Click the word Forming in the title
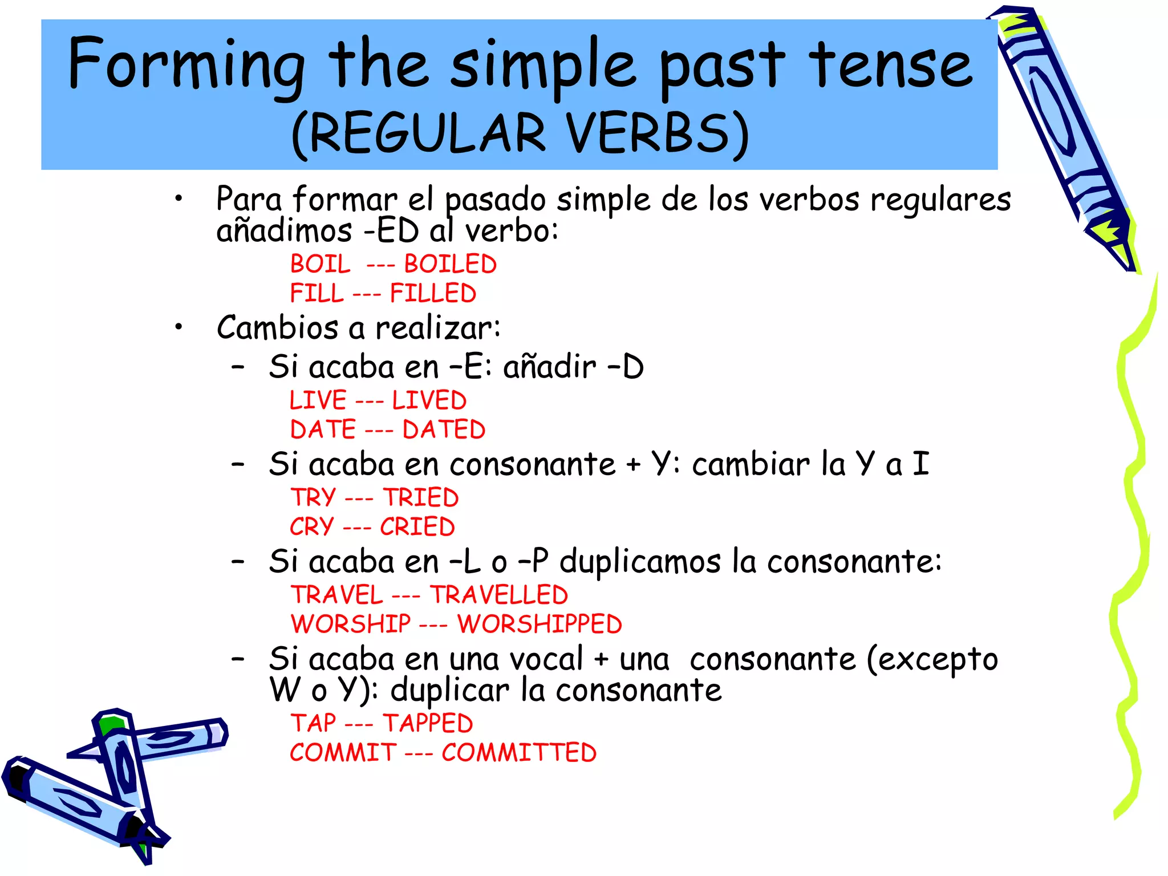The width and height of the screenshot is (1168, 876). tap(186, 64)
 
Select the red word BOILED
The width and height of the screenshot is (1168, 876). tap(451, 265)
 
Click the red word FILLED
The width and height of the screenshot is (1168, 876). tap(433, 294)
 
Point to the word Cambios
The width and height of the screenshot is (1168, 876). tap(277, 328)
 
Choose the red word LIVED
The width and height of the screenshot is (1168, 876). tap(429, 400)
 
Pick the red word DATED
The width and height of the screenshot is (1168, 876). tap(444, 429)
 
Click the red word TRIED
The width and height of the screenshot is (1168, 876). tap(420, 498)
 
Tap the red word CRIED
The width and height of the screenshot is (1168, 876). tap(417, 527)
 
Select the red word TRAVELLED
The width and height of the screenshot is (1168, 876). tap(499, 595)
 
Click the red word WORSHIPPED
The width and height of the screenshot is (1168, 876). tap(540, 624)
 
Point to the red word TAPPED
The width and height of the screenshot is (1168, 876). tap(428, 724)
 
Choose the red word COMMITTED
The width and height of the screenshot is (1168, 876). tap(519, 753)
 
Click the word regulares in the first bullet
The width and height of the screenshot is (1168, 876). tap(940, 200)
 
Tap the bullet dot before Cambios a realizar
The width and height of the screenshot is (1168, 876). tap(179, 327)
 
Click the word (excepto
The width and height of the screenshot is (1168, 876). tap(932, 660)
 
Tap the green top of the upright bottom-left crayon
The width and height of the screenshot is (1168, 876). tap(111, 725)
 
